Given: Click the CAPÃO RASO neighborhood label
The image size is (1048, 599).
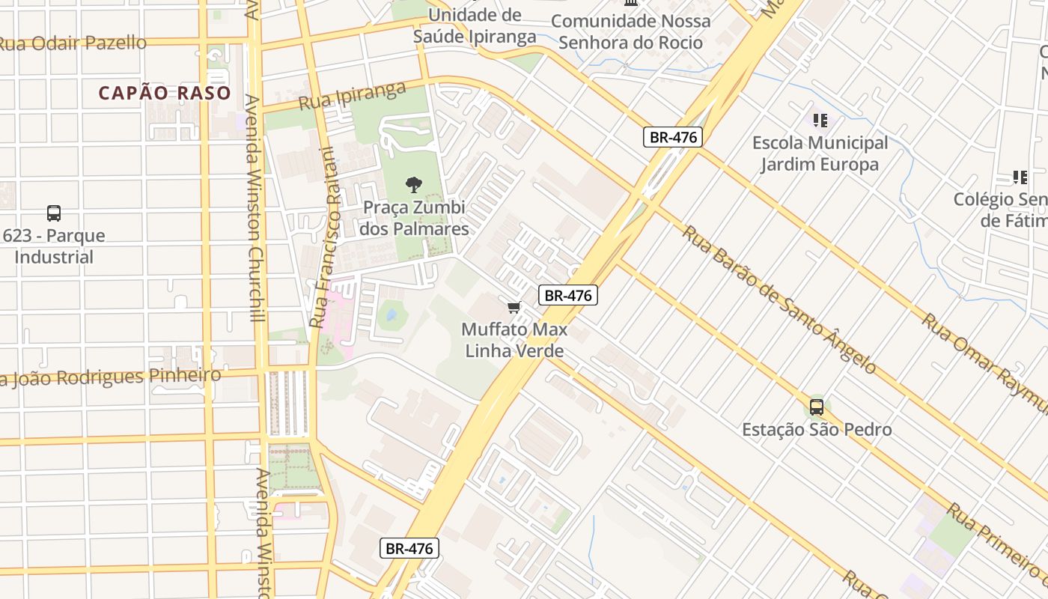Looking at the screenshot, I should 165,93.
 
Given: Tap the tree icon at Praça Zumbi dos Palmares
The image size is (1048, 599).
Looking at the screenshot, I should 413,185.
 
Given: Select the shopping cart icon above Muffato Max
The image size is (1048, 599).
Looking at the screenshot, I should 514,307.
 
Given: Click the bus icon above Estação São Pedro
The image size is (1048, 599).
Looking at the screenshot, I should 816,407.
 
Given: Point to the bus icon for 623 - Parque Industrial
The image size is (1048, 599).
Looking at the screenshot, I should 54,213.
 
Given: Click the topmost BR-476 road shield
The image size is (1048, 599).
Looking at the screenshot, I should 672,137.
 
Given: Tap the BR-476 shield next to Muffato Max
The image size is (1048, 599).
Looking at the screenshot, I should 568,295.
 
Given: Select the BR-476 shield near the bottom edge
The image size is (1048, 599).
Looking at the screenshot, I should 409,548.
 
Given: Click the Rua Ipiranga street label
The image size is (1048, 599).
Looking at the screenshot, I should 352,97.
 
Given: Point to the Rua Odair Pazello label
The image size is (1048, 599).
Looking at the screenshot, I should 73,43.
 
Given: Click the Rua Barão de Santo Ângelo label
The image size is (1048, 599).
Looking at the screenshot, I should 779,299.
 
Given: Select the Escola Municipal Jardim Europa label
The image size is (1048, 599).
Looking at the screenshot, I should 820,153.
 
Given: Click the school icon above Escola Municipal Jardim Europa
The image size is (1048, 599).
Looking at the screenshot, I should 820,120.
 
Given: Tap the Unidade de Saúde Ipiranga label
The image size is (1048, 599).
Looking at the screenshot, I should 475,25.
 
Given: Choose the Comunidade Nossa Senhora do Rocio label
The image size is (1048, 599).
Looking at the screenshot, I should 630,31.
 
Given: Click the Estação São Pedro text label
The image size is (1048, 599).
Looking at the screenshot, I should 817,430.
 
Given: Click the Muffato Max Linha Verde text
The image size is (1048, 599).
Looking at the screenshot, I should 514,340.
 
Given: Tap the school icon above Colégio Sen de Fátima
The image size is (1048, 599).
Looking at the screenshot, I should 1020,177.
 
